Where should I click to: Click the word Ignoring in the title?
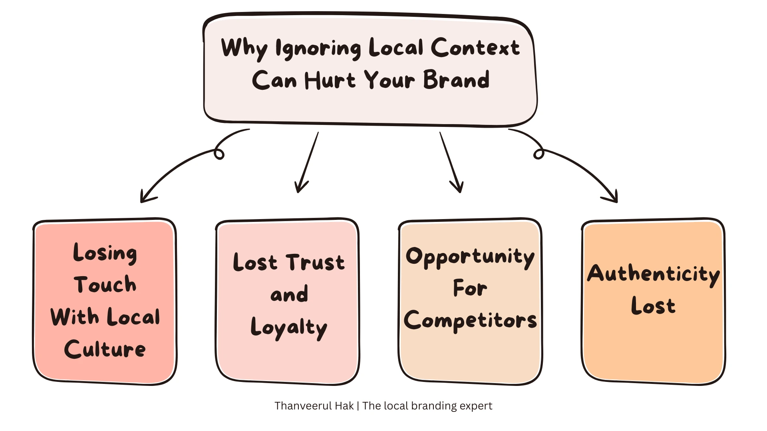coord(318,49)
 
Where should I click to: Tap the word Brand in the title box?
coord(456,80)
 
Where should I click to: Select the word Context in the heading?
coord(475,48)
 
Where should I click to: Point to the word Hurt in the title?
coord(330,80)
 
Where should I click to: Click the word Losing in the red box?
coord(105,253)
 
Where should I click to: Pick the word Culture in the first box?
coord(105,349)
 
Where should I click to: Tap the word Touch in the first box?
coord(105,285)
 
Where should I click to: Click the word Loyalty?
coord(289,328)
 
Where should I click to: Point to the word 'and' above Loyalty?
coord(289,295)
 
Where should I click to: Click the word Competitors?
coord(470,320)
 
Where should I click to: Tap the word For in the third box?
coord(470,288)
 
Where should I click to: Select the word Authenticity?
coord(653,275)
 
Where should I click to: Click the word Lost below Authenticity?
coord(653,306)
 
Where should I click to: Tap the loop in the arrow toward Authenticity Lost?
coord(539,154)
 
